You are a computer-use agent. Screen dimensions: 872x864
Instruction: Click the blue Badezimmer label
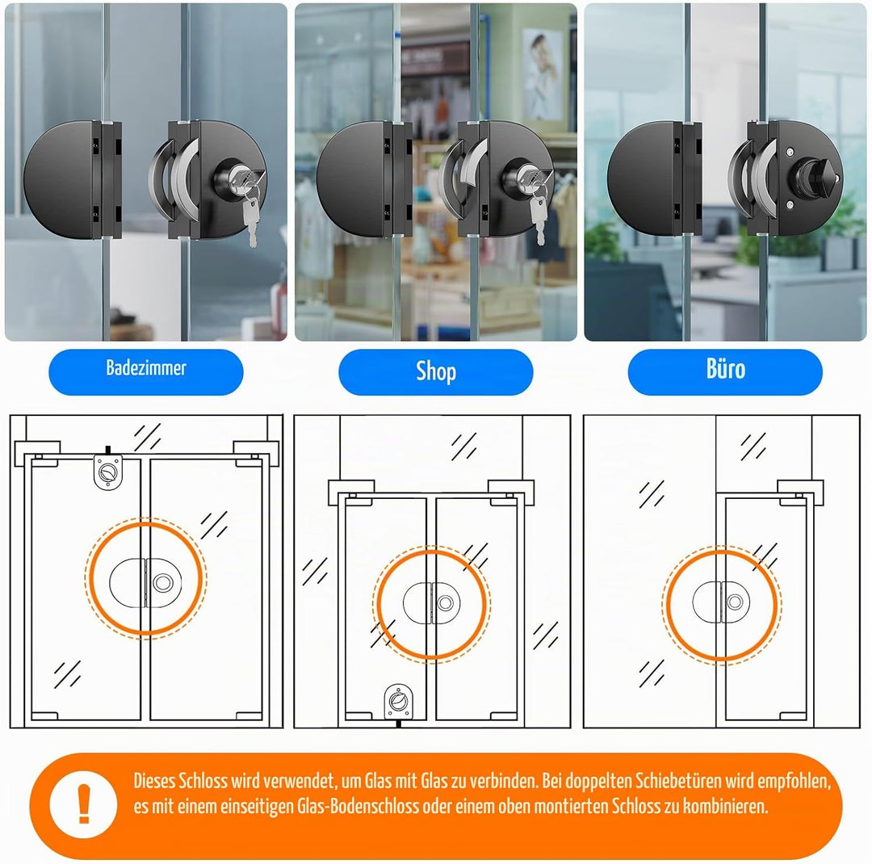tap(145, 371)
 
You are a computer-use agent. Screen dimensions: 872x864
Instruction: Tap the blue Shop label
tap(435, 371)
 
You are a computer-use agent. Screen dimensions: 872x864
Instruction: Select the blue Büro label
tap(725, 371)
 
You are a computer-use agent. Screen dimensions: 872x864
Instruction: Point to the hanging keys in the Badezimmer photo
tap(251, 214)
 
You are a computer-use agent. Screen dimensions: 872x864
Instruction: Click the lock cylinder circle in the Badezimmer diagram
tap(163, 582)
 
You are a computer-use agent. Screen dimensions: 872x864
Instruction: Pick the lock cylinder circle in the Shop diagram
tap(446, 603)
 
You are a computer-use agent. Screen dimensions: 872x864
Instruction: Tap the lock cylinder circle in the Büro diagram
tap(735, 602)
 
